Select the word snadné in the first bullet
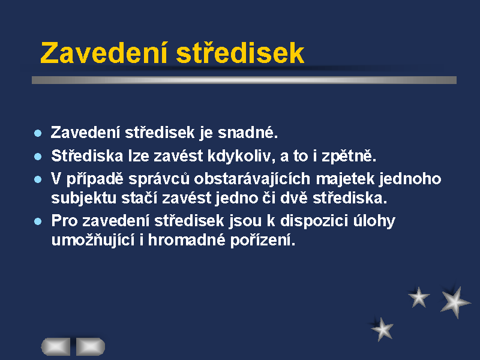point(248,132)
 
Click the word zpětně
point(349,156)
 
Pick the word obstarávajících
point(252,179)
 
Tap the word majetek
point(346,179)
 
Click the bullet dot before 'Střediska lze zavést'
point(38,157)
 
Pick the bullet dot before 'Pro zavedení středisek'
point(38,221)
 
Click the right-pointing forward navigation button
point(91,347)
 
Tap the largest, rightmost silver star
point(455,302)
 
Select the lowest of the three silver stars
point(382,329)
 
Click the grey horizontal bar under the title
point(244,80)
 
